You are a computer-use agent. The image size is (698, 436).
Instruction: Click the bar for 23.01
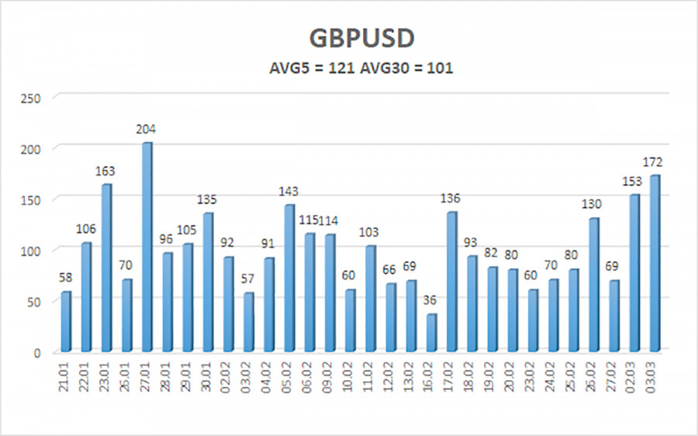(x=107, y=267)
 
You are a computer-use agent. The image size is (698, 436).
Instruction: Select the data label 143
(x=289, y=192)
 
